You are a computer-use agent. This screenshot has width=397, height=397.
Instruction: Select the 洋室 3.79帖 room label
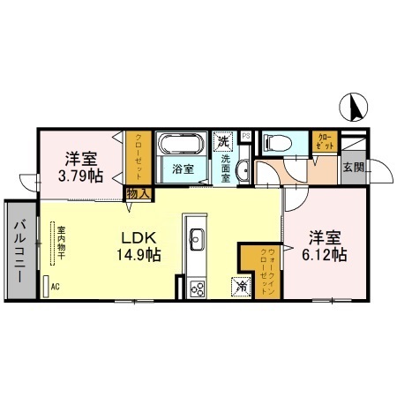click(x=82, y=167)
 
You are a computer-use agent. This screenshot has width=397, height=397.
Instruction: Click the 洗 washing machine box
click(x=224, y=140)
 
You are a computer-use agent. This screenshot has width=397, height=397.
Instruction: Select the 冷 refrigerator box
click(x=240, y=287)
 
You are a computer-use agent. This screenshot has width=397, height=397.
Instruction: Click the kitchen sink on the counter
click(x=197, y=238)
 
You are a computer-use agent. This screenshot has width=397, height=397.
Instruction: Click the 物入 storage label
click(x=138, y=192)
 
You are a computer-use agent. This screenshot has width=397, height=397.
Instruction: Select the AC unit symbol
click(x=46, y=287)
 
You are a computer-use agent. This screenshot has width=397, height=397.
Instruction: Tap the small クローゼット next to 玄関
click(x=323, y=140)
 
